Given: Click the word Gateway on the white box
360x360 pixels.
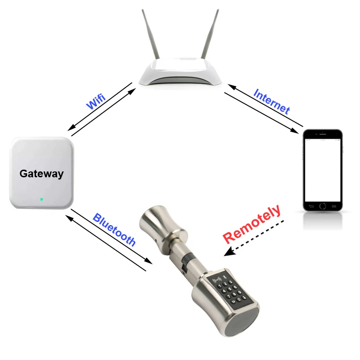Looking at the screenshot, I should point(41,173).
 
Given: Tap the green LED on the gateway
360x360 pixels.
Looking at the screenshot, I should point(41,199).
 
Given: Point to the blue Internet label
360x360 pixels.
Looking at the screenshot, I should point(272,101).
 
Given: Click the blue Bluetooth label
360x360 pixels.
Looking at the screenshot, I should point(114,229).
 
